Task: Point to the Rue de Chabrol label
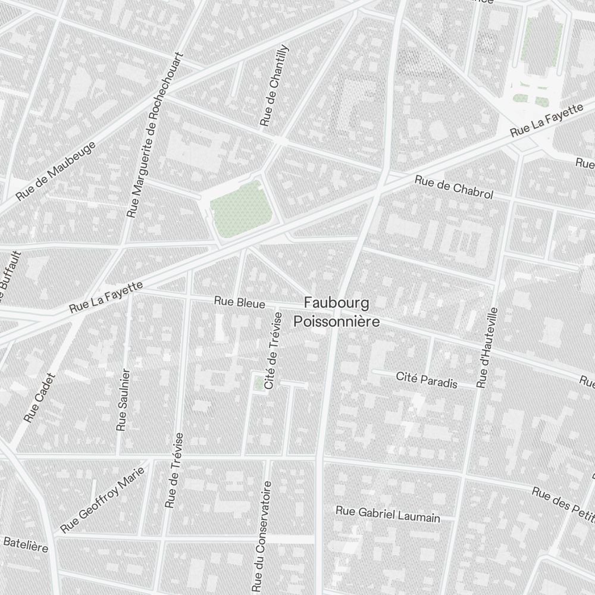point(454,187)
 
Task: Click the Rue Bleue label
point(240,303)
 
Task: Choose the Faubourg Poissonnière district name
point(336,312)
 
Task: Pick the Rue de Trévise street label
point(175,470)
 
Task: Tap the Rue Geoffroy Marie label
point(103,499)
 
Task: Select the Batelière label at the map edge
point(25,544)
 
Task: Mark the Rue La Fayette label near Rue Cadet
point(106,297)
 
